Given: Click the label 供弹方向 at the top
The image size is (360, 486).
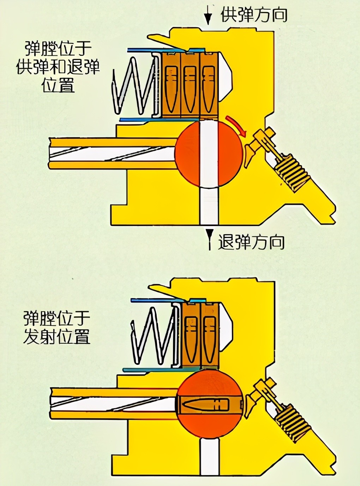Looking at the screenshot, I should (253, 15).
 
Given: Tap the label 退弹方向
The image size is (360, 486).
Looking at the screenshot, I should (251, 243).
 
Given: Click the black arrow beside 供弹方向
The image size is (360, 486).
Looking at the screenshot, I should (208, 16).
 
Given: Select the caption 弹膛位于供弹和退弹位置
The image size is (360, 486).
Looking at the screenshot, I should (58, 67).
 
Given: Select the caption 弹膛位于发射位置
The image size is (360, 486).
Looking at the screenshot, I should (56, 327).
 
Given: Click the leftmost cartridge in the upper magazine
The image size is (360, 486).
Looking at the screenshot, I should (172, 85).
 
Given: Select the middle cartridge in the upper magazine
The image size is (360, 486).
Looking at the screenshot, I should (190, 85).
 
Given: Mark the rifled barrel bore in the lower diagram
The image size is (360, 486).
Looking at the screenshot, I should (113, 403).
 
